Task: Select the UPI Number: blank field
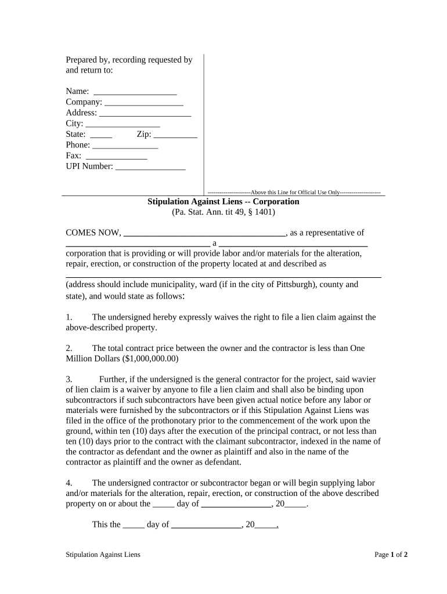pyautogui.click(x=150, y=168)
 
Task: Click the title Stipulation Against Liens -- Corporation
pyautogui.click(x=223, y=202)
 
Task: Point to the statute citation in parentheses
pyautogui.click(x=223, y=212)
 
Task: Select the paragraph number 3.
pyautogui.click(x=69, y=379)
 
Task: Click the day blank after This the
pyautogui.click(x=134, y=526)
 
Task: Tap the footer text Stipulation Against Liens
pyautogui.click(x=103, y=555)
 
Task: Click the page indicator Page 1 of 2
pyautogui.click(x=391, y=555)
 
